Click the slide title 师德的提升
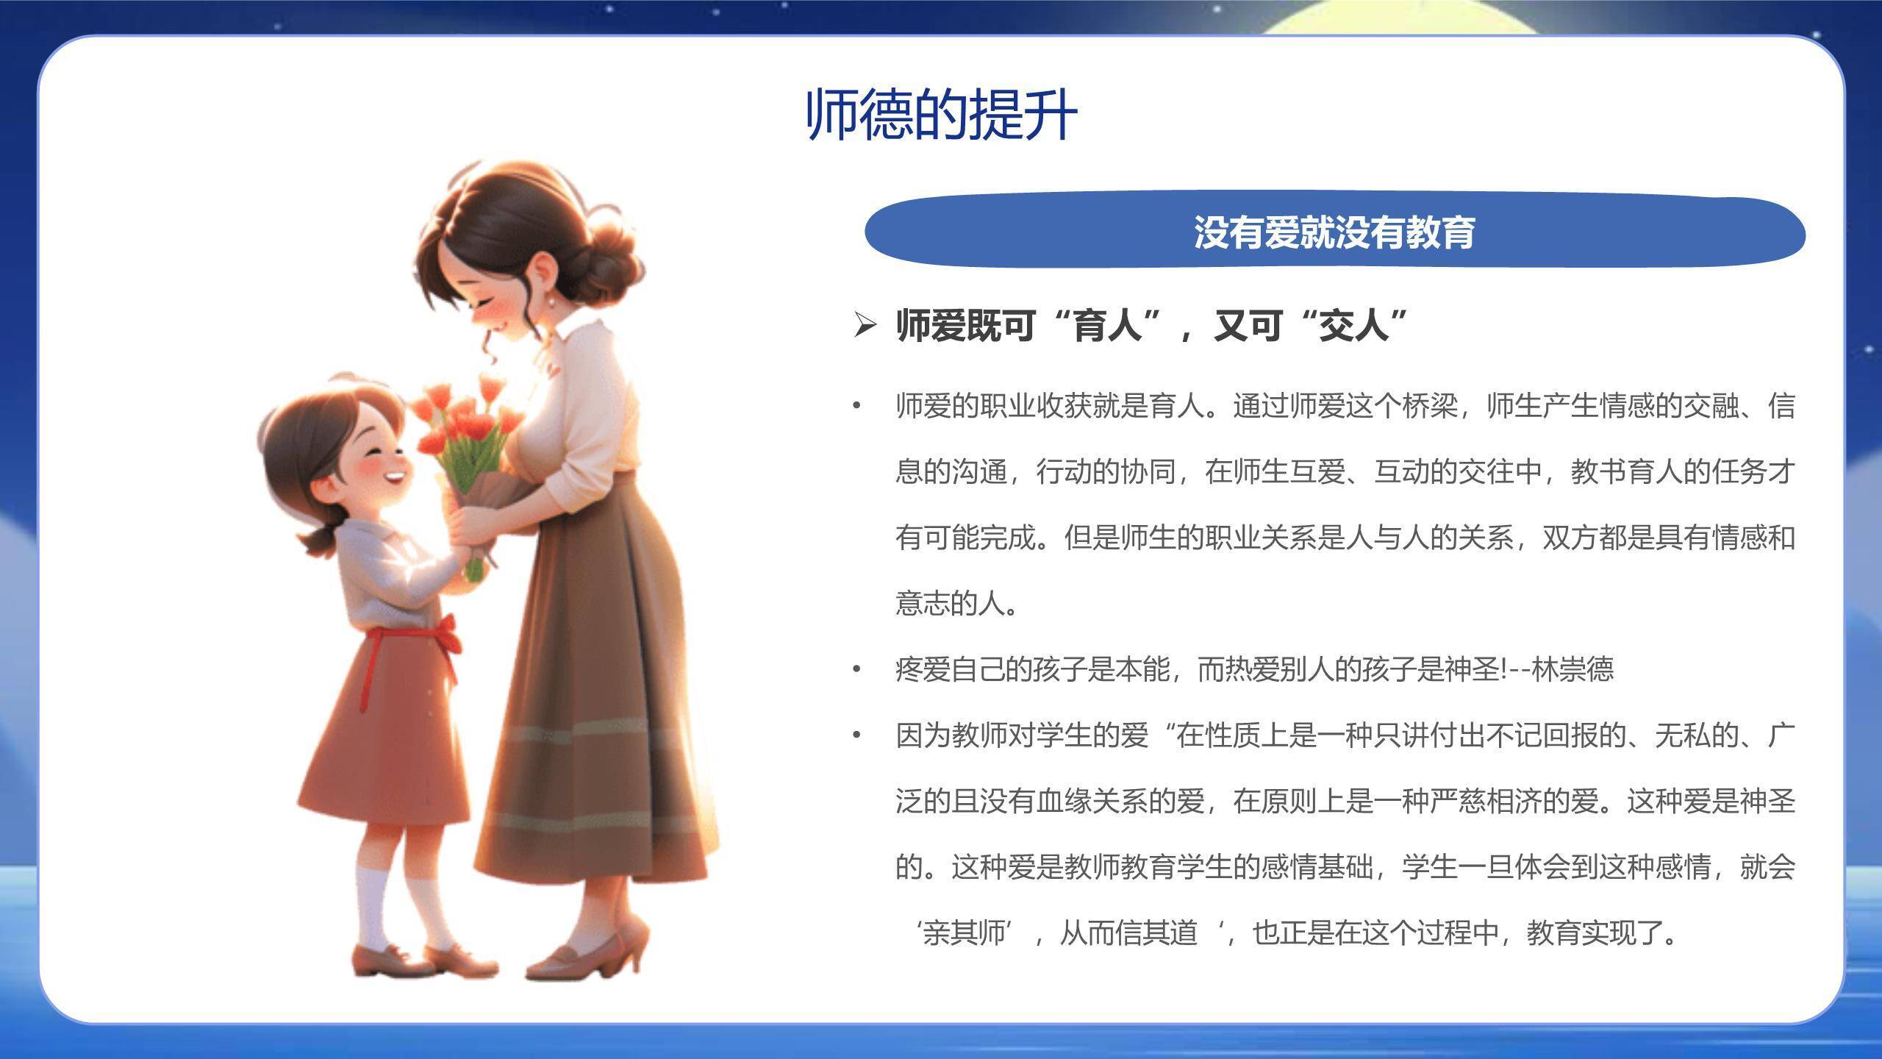(941, 115)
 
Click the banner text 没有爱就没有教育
(1334, 232)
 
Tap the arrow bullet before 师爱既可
(865, 324)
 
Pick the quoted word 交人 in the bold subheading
(1354, 324)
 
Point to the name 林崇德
(1572, 669)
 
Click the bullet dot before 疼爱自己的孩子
(856, 669)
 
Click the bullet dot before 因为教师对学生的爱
(856, 735)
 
